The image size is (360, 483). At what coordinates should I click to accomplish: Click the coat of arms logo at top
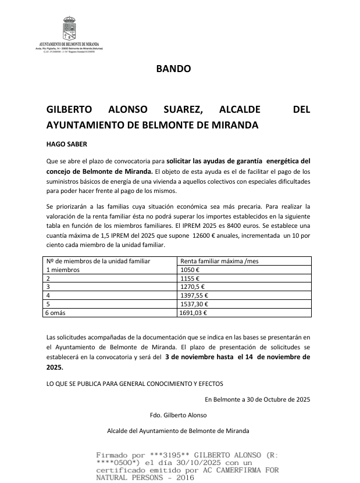coord(69,28)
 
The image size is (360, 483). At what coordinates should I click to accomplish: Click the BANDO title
coord(173,69)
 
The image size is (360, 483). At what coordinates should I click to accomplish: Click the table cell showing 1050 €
coord(190,270)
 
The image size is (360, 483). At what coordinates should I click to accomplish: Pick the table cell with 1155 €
coord(190,278)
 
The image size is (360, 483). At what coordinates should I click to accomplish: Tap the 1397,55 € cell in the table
coord(194,295)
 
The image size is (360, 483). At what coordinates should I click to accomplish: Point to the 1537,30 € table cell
coord(194,303)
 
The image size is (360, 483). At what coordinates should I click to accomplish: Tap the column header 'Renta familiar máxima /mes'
coord(220,262)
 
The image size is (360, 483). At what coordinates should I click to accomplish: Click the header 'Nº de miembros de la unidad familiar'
coord(98,262)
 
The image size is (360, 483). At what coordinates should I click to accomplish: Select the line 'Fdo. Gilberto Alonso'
coord(178,415)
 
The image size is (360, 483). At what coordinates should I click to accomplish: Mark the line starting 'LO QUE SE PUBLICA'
coord(134,384)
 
